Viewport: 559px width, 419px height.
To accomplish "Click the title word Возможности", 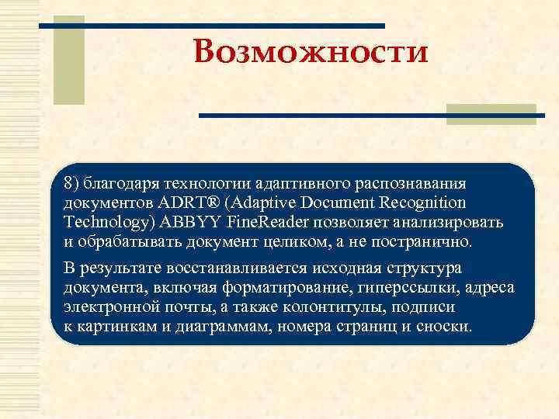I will pyautogui.click(x=311, y=53).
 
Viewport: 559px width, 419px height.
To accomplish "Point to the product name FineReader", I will pyautogui.click(x=268, y=222).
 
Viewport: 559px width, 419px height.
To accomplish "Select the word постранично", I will pyautogui.click(x=429, y=241).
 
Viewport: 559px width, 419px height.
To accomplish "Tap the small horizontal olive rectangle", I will pyautogui.click(x=491, y=114).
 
